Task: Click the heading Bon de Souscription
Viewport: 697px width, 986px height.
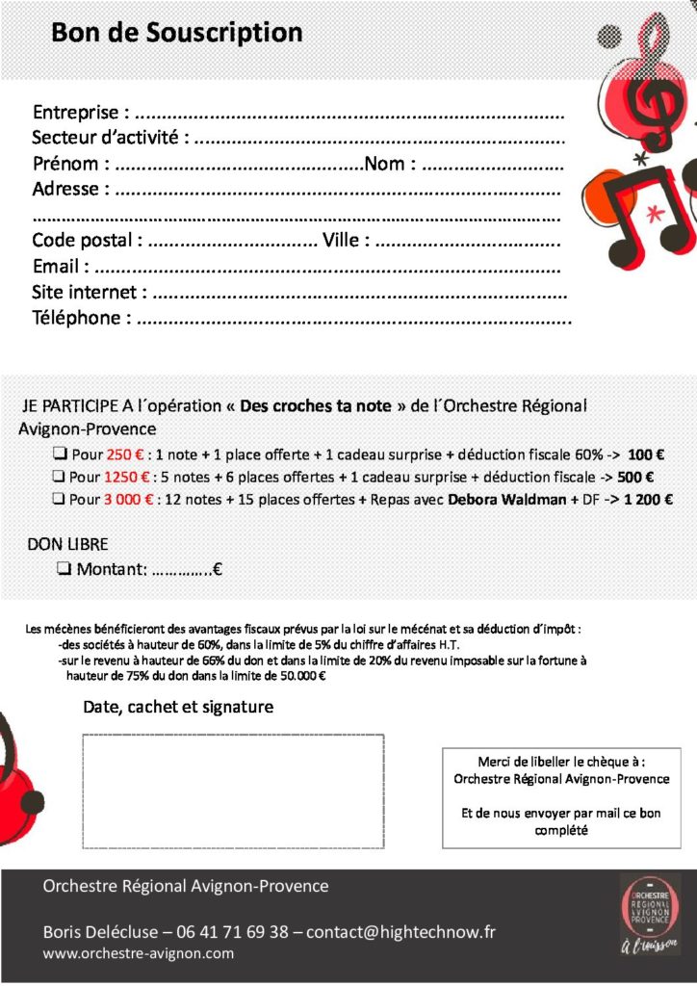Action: click(177, 34)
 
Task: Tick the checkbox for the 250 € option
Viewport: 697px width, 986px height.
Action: click(59, 454)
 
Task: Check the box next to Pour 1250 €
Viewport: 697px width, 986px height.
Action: click(59, 477)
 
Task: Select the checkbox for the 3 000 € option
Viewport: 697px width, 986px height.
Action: click(59, 500)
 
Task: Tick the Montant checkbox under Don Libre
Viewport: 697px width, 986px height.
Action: click(65, 569)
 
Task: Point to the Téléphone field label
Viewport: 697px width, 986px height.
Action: click(81, 318)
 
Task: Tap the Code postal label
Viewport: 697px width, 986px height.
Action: click(88, 240)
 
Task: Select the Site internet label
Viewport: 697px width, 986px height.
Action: click(90, 292)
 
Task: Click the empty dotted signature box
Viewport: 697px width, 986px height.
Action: click(233, 791)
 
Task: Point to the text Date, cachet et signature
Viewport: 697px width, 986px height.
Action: click(178, 707)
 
